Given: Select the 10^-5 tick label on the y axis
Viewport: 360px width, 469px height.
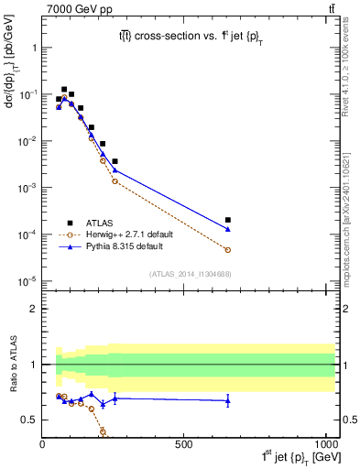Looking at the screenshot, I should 27,281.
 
